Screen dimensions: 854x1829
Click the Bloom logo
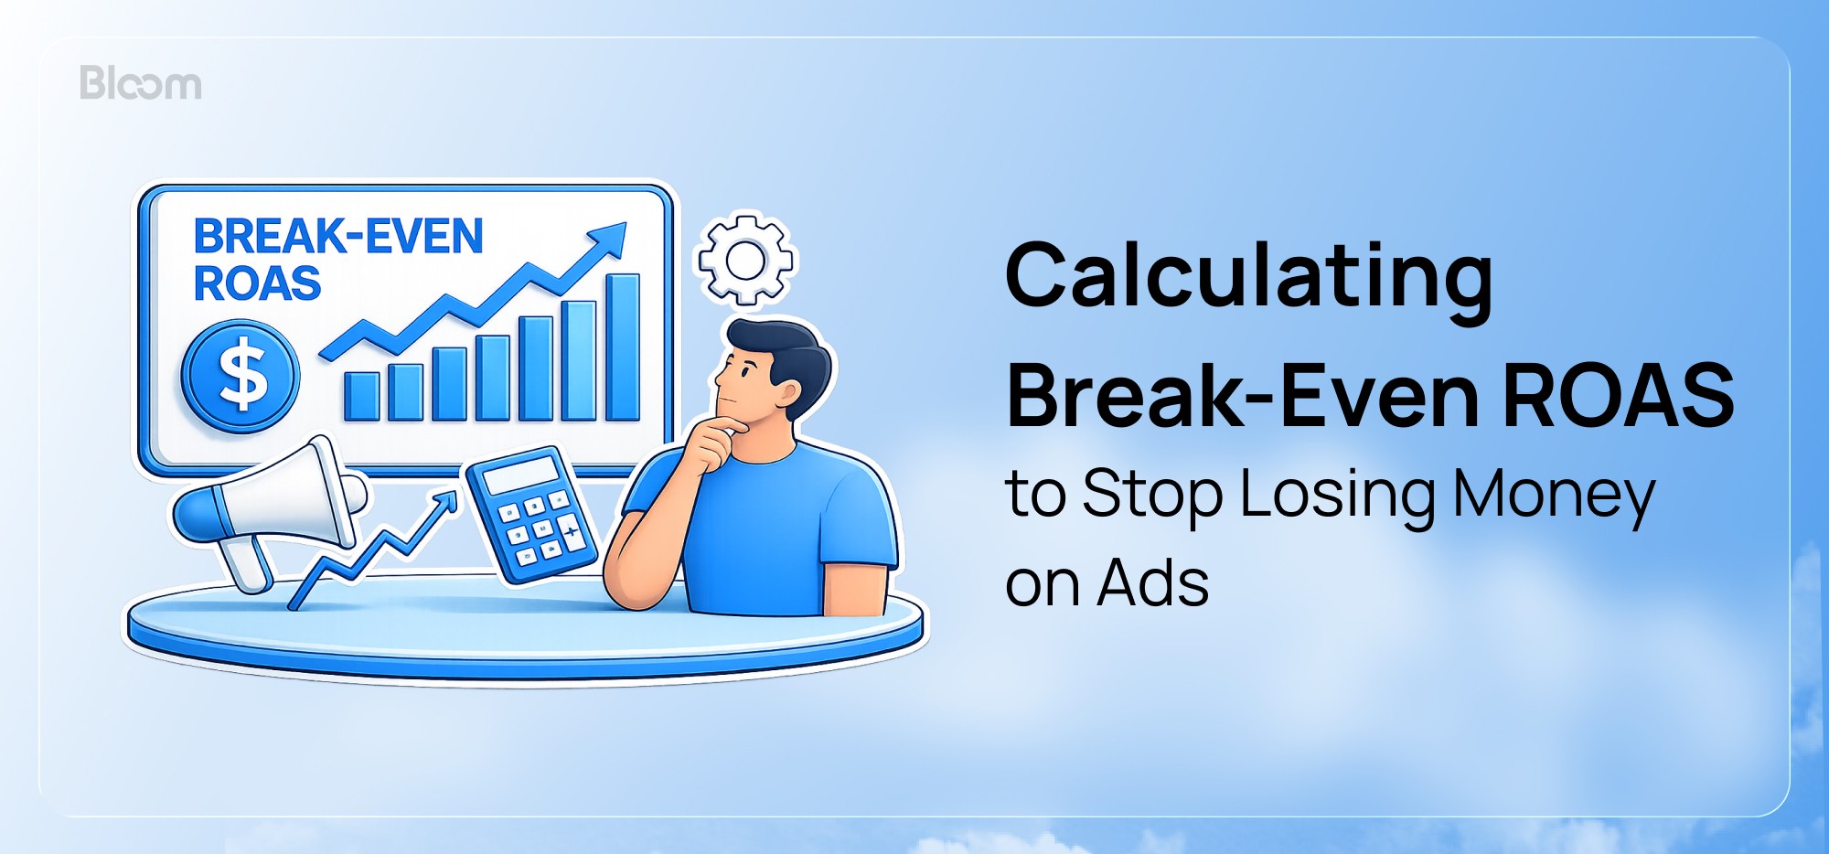coord(140,83)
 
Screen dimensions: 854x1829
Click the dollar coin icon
coord(240,376)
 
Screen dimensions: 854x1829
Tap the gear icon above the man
coord(746,260)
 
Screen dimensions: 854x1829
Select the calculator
coord(530,515)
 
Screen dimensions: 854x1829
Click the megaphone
coord(270,507)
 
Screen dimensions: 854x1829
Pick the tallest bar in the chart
coord(623,347)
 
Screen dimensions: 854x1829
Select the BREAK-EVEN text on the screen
coord(337,237)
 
